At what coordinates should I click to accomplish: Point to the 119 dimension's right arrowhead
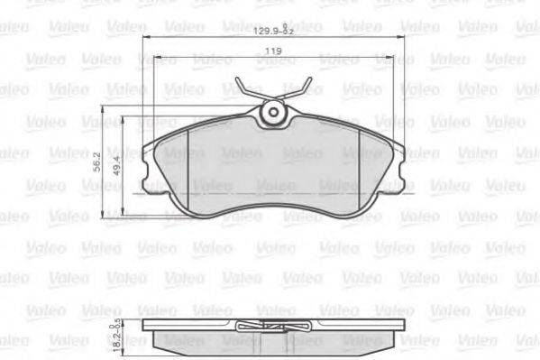[390, 60]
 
